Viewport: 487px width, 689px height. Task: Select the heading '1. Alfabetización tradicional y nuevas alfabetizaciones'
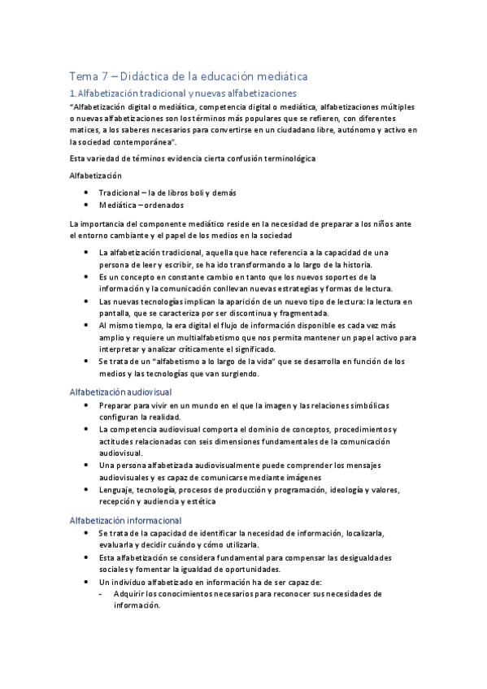pos(183,94)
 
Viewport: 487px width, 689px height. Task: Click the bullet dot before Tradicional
pos(87,193)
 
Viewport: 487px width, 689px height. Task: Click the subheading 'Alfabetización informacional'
pos(125,519)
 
